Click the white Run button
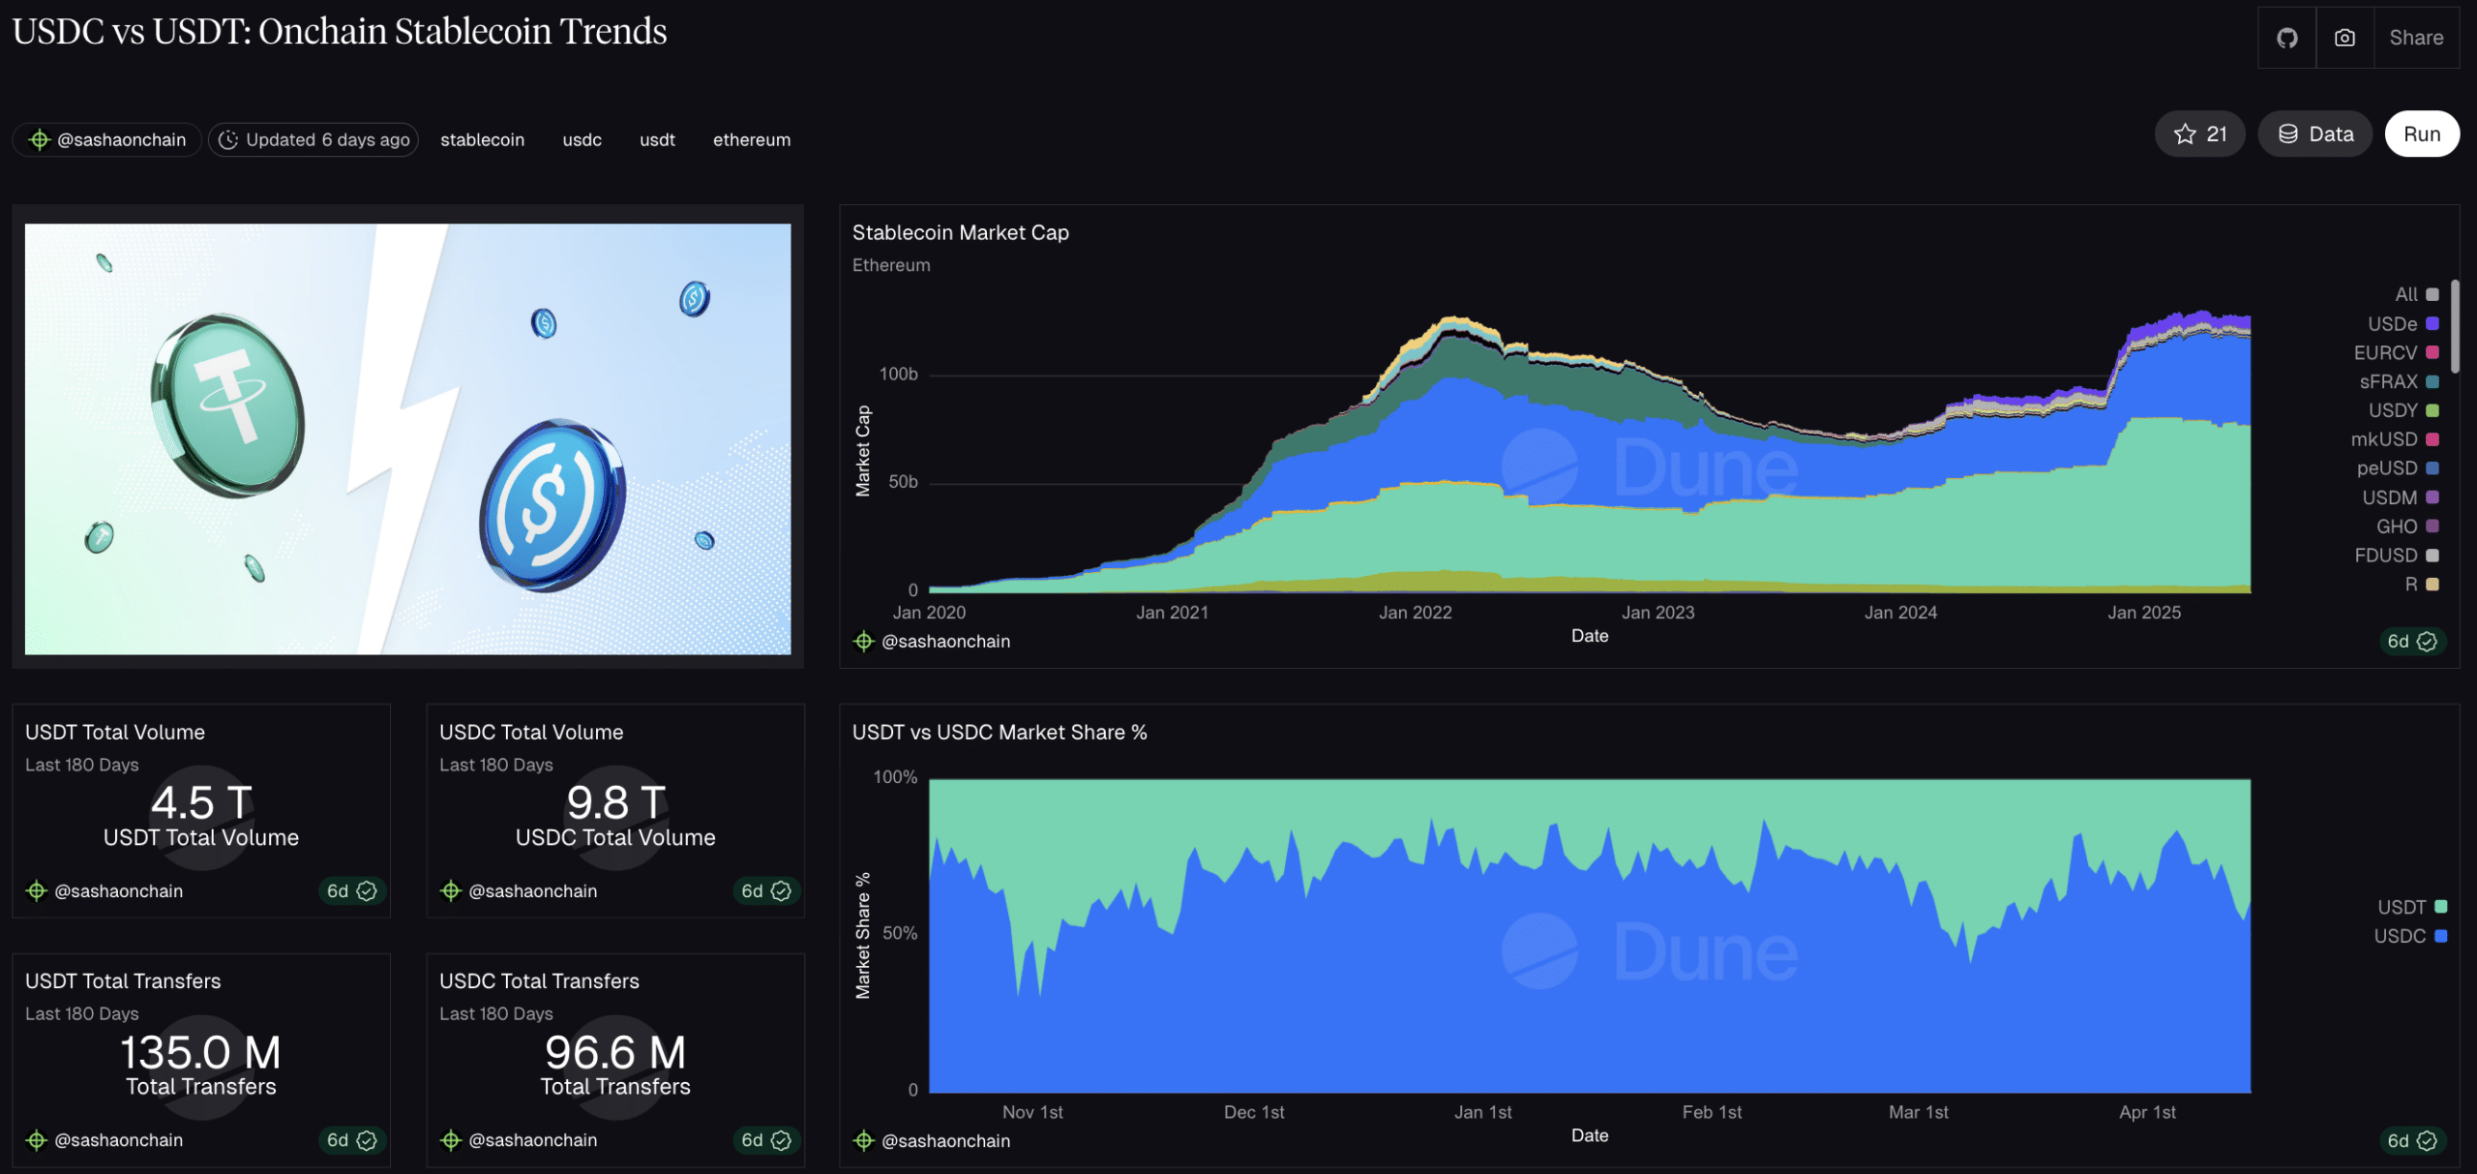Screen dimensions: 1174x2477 2421,135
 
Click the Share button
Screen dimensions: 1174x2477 2415,38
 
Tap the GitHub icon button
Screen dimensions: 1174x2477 2286,38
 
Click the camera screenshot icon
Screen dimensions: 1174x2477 2344,38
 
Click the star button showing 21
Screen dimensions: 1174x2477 2199,135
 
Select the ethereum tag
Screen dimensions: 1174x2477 751,140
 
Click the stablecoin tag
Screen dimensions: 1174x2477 482,140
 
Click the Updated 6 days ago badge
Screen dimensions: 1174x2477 313,140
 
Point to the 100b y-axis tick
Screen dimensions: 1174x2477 898,375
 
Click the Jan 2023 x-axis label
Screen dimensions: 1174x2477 1657,613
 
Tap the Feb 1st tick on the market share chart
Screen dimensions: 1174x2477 1711,1112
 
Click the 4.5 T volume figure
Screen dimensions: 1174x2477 201,803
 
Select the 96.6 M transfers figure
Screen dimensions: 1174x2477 614,1052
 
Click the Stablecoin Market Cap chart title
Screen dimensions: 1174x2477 960,233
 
